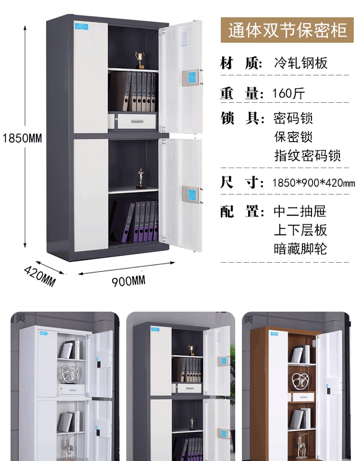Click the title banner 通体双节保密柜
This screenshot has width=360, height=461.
pos(287,30)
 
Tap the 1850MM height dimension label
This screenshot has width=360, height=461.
pos(23,138)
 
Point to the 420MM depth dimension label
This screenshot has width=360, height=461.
pos(40,276)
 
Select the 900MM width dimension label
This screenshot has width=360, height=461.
pos(129,281)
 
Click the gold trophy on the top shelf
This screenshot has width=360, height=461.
pos(140,60)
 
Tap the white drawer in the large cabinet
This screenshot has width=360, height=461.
pos(137,121)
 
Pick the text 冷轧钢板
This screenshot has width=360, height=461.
pos(300,63)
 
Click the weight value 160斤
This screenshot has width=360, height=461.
pos(288,93)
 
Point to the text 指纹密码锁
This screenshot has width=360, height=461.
pos(307,155)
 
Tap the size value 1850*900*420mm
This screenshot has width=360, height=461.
pos(313,183)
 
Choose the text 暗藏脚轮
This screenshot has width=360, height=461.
pos(300,249)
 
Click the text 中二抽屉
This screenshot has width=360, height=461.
pos(300,211)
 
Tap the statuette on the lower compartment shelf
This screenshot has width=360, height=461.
pos(141,179)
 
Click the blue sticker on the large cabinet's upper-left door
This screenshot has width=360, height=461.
pos(81,25)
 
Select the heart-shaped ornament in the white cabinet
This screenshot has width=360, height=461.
pos(70,375)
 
